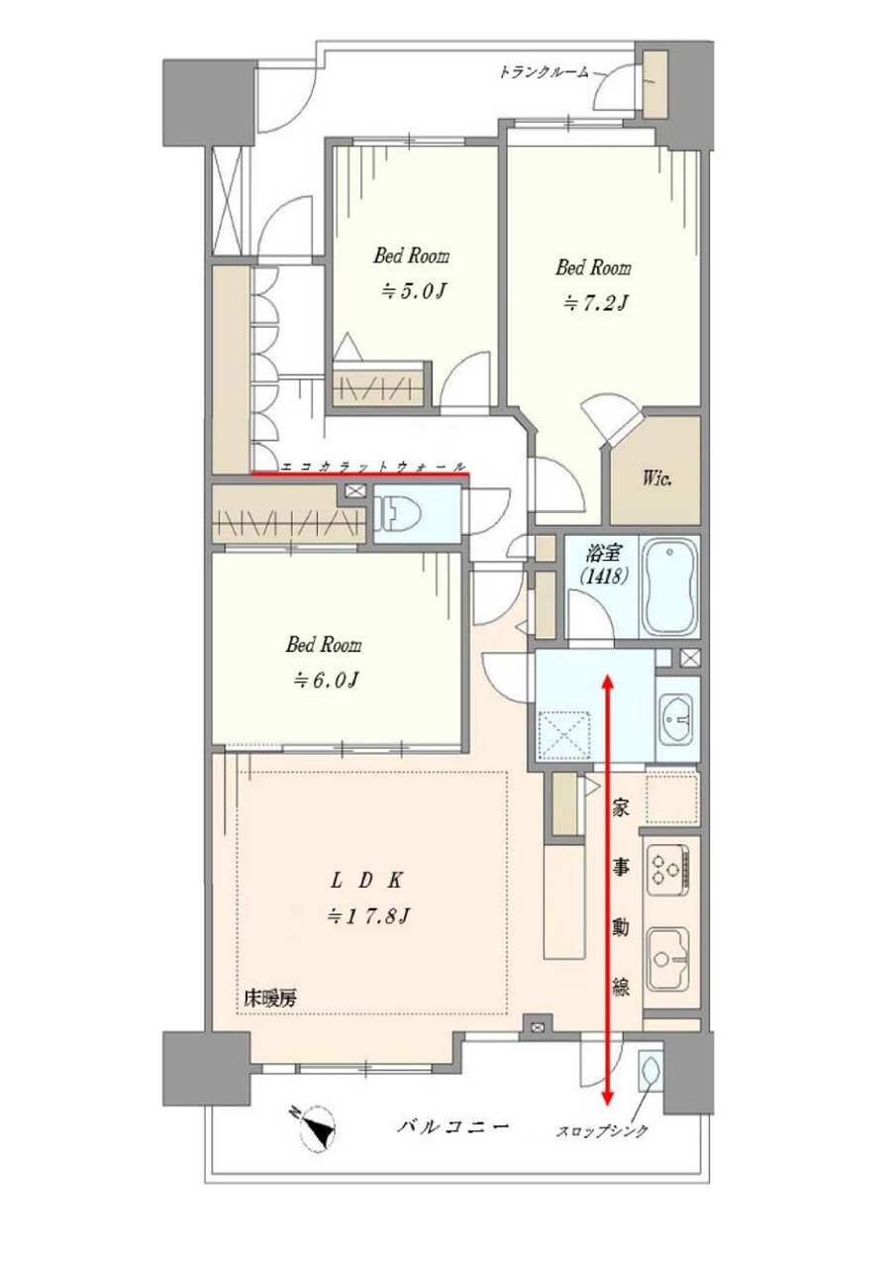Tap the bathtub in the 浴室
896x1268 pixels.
pyautogui.click(x=670, y=587)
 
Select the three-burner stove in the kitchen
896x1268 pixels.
pyautogui.click(x=668, y=870)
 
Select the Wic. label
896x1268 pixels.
pyautogui.click(x=656, y=480)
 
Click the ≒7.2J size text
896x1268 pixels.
pyautogui.click(x=594, y=303)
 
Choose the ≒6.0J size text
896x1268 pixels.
pyautogui.click(x=325, y=680)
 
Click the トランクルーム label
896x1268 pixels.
pyautogui.click(x=543, y=73)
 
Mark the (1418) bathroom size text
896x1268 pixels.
pyautogui.click(x=603, y=577)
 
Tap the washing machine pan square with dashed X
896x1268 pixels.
pyautogui.click(x=563, y=734)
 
